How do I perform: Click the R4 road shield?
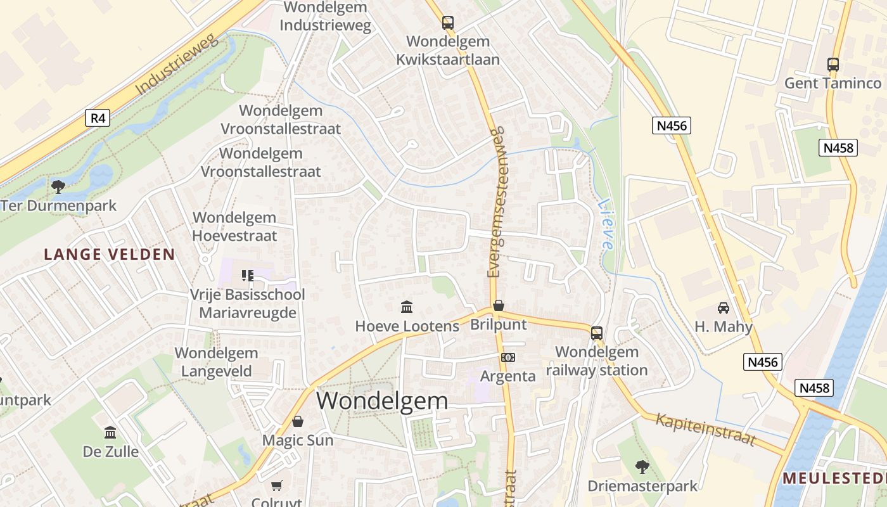98,118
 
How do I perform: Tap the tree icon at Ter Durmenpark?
58,187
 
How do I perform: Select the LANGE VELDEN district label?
109,255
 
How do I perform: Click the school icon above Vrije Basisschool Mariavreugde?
248,275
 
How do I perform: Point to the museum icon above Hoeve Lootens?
407,307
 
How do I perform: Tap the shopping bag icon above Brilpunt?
499,305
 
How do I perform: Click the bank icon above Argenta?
508,357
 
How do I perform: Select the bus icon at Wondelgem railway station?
596,333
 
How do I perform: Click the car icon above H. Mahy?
723,308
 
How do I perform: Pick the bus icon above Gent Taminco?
833,64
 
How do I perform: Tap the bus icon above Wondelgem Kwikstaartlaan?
448,23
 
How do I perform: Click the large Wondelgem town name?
382,401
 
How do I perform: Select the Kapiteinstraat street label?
706,429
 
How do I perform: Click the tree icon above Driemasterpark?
642,467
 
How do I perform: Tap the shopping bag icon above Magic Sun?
297,421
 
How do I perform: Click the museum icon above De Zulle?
110,432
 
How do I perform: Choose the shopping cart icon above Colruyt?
276,485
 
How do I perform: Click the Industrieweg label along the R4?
177,65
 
